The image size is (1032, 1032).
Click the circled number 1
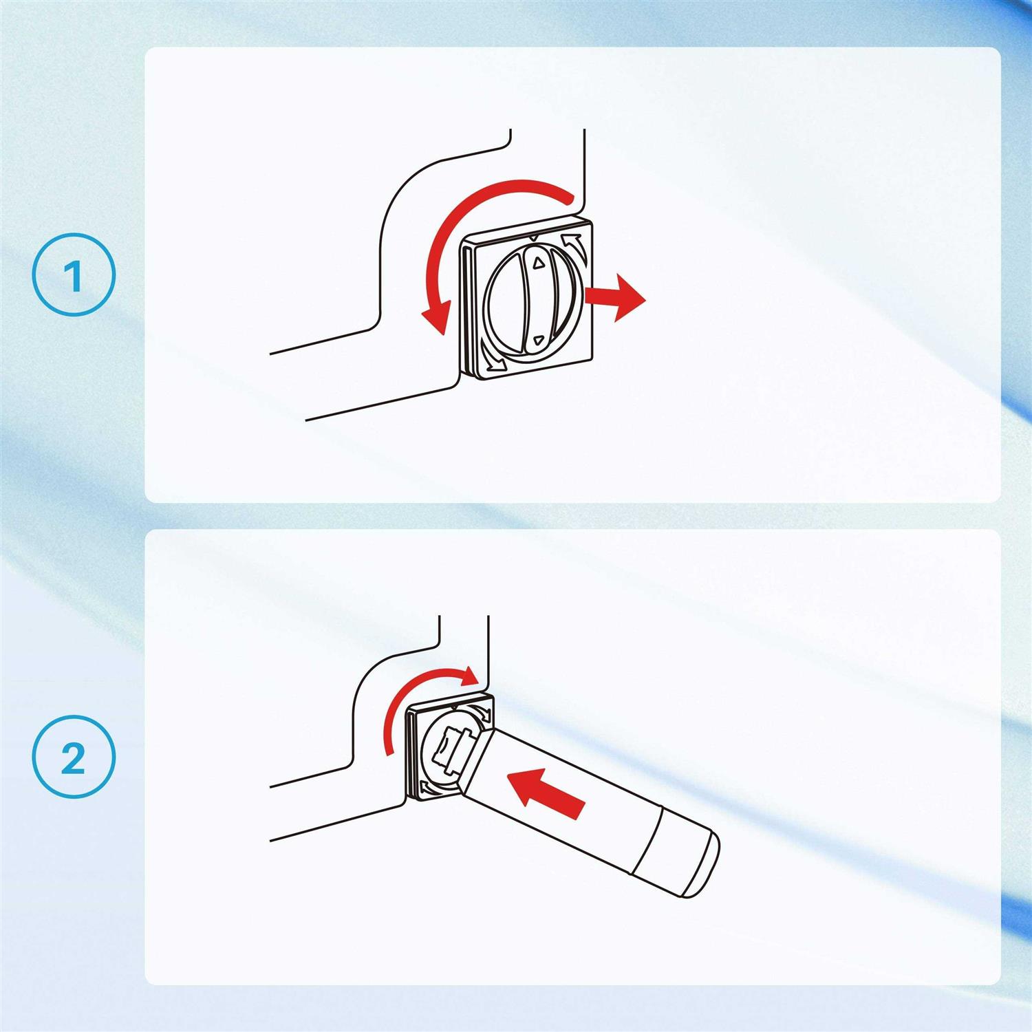pos(74,275)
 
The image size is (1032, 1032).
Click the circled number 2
pos(74,757)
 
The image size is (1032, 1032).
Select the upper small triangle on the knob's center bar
pos(539,261)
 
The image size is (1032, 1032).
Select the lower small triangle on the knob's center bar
pos(539,339)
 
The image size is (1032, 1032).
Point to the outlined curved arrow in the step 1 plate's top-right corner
pos(573,243)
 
